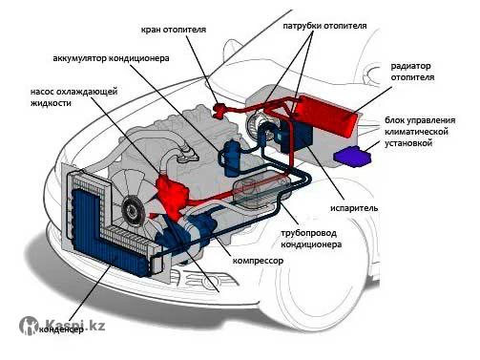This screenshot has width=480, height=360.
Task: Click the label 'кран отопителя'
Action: (x=174, y=30)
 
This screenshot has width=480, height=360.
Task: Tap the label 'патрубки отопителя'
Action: (x=324, y=26)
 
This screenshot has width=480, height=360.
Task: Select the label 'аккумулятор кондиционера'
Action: (x=111, y=58)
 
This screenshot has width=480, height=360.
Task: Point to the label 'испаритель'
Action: (x=354, y=208)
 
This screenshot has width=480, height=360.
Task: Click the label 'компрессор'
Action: (x=258, y=261)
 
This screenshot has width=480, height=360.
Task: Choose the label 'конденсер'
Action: (x=61, y=329)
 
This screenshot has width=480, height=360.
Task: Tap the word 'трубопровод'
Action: (x=308, y=233)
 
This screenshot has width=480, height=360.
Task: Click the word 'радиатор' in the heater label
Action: (x=410, y=66)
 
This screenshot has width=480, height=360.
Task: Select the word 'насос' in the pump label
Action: (x=42, y=92)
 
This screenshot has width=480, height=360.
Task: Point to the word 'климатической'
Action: (x=416, y=132)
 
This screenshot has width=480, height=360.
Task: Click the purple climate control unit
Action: (x=352, y=156)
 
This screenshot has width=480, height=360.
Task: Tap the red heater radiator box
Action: (x=325, y=116)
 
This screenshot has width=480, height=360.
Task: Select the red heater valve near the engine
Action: (x=219, y=110)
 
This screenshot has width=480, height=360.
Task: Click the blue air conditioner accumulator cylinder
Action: (x=232, y=158)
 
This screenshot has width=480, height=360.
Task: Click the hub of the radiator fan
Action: (x=132, y=208)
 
